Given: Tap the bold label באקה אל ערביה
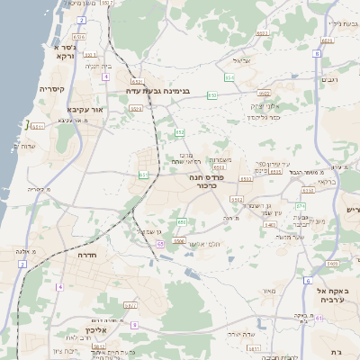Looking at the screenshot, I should (x=333, y=297).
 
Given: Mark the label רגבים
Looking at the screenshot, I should (x=330, y=80).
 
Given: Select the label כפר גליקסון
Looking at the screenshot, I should (x=265, y=117).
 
